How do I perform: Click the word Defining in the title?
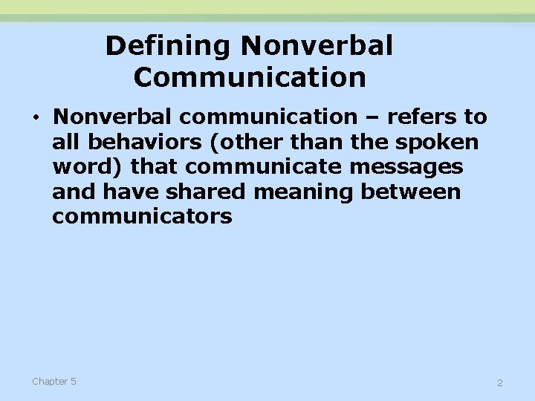click(x=169, y=47)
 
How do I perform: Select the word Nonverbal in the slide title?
click(x=317, y=47)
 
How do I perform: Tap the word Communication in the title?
click(x=250, y=77)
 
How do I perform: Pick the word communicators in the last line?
click(x=142, y=217)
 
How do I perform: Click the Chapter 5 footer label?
click(x=53, y=382)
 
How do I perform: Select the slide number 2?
click(x=499, y=383)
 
